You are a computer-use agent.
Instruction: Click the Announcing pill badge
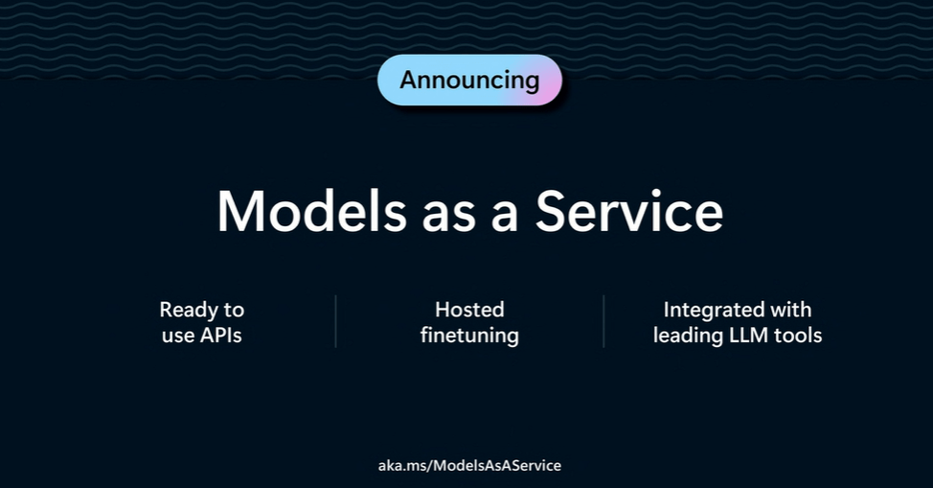469,80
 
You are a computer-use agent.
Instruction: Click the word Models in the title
311,211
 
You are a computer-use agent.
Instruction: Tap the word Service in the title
629,211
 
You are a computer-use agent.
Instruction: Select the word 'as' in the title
448,217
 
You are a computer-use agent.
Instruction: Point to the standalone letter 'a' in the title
505,217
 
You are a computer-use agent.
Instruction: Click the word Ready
189,310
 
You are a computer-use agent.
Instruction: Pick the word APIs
220,335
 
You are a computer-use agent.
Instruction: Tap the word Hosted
469,310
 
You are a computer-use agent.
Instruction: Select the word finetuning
469,336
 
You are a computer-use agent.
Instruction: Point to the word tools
798,335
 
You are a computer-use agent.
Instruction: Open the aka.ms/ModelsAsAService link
469,465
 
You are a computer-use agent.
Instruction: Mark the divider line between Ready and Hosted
335,321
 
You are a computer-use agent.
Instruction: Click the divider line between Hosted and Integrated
603,321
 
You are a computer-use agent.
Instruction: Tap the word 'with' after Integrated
791,310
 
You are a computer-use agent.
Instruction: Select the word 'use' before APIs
178,337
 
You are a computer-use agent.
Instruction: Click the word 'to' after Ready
234,311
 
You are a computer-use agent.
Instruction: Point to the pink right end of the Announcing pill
551,80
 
